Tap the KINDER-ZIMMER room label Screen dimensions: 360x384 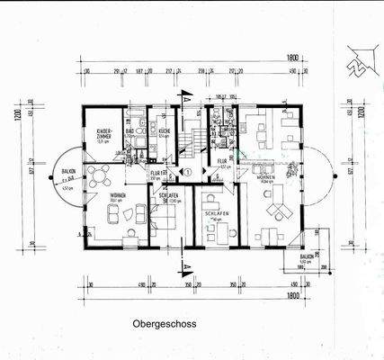[103, 137]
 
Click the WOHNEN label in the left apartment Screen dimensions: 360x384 [118, 195]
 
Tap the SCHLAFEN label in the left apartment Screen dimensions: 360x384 [167, 195]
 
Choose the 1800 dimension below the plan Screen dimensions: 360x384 [290, 294]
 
